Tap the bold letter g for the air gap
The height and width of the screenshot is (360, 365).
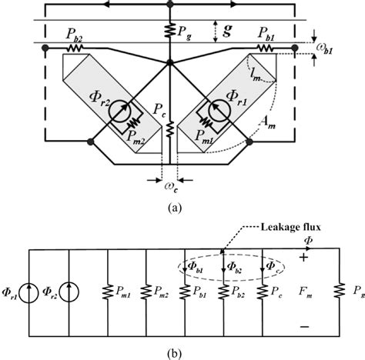pos(227,32)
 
